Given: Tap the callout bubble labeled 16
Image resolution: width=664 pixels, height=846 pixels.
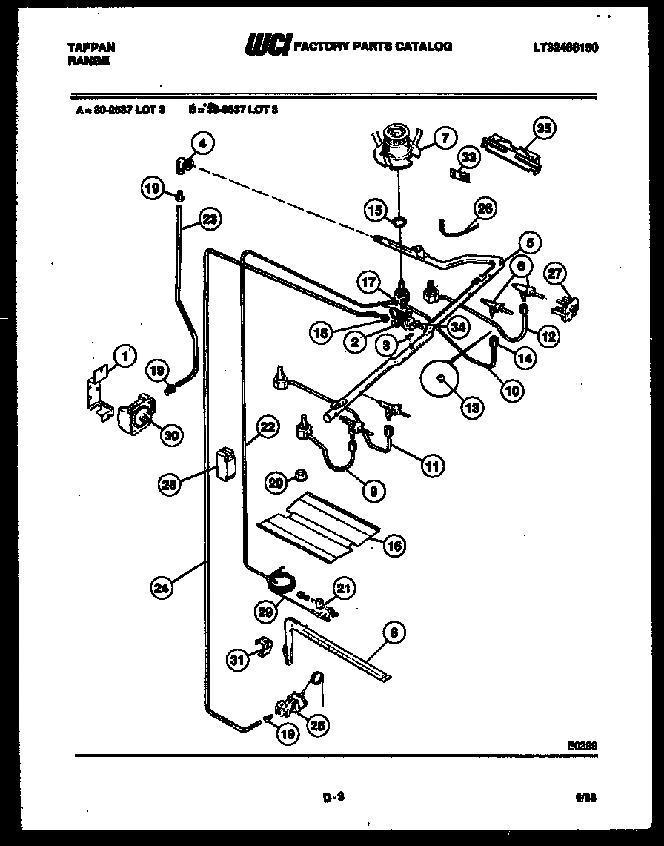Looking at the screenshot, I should tap(396, 546).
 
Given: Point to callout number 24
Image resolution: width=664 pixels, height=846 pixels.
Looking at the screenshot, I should tap(159, 589).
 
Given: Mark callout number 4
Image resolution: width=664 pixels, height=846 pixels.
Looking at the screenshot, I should tap(202, 142).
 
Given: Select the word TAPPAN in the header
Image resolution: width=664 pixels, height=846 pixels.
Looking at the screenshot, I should tap(91, 47).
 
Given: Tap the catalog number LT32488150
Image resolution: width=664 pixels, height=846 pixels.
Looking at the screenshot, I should tap(565, 47).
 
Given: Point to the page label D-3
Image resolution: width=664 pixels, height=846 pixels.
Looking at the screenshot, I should tap(335, 798).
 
